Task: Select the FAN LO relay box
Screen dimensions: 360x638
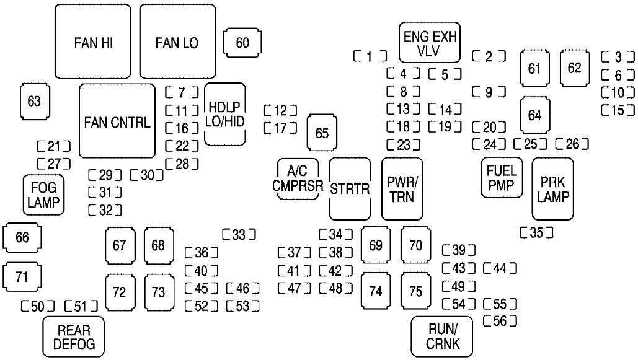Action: [x=177, y=42]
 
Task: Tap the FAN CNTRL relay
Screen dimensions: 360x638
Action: [x=117, y=121]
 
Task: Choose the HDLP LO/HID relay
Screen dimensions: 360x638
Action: [x=224, y=114]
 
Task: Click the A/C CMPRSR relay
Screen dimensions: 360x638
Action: [x=298, y=180]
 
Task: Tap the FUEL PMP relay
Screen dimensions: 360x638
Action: [x=501, y=177]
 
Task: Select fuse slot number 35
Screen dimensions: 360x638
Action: [x=537, y=233]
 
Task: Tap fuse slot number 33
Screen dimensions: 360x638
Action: [x=239, y=234]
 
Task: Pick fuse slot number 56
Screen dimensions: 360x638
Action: [x=499, y=320]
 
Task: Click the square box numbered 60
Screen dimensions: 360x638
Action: [x=242, y=43]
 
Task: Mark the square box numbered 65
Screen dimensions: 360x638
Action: [x=321, y=133]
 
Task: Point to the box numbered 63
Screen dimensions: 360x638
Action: [x=34, y=101]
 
